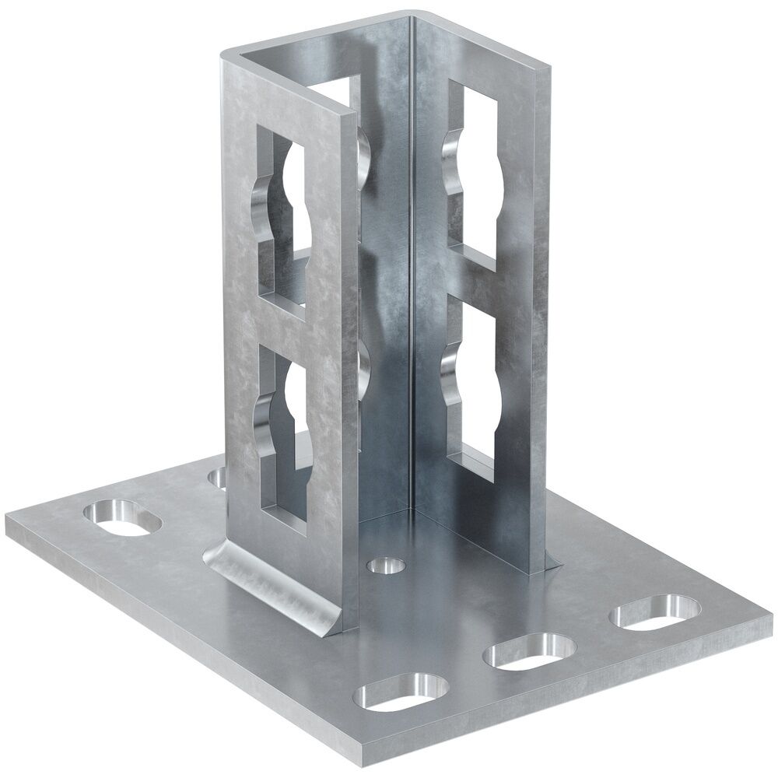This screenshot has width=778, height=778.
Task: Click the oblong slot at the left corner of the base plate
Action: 122,519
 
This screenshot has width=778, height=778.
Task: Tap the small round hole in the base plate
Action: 386,563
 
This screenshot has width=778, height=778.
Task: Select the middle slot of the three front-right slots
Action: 529,652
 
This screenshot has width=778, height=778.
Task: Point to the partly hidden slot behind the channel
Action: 218,476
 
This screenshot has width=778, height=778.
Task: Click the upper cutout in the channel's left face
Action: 283,218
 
